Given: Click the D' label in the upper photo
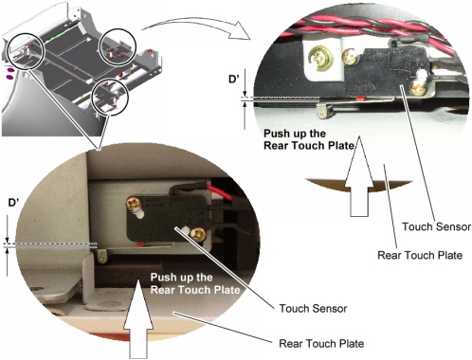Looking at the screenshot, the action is click(233, 79).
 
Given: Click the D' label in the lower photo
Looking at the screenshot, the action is click(13, 203).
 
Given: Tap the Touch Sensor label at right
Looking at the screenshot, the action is click(436, 226).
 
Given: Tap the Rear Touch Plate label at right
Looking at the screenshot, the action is click(420, 255).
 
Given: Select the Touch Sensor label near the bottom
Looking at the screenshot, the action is click(313, 308).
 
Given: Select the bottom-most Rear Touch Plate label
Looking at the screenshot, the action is click(321, 343).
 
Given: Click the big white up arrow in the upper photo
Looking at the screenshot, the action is click(359, 176).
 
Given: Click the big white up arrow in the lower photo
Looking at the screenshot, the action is click(138, 319).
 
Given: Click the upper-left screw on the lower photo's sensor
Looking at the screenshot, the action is click(133, 203).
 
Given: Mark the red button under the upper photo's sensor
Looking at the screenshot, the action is click(359, 99).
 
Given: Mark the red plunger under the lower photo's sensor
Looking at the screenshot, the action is click(140, 243).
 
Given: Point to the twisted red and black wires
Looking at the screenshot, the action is click(372, 27).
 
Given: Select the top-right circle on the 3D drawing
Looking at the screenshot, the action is click(118, 47).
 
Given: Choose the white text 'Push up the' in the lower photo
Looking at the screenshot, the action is click(181, 278).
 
